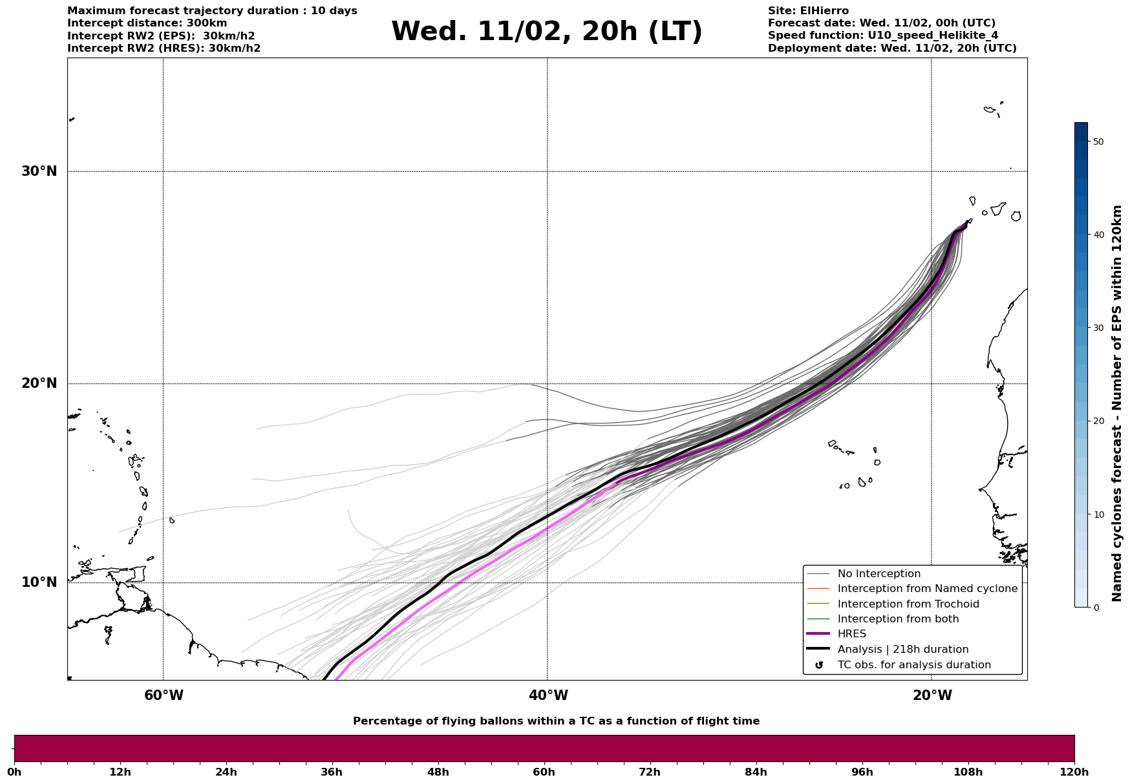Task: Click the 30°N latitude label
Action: coord(39,171)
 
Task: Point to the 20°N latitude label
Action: coord(39,383)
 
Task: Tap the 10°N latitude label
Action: coord(39,582)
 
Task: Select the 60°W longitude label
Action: coord(164,695)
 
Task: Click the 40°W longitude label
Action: coord(548,695)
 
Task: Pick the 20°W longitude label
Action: coord(932,695)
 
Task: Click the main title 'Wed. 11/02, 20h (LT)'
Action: coord(546,32)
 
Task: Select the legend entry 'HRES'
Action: coord(851,634)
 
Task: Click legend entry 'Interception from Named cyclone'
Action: coord(927,589)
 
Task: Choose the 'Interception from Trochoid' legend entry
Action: coord(908,604)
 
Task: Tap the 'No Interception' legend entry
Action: coord(879,574)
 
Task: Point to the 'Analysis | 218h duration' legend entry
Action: coord(902,650)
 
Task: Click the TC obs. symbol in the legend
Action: coord(819,665)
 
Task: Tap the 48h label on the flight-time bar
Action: coord(438,772)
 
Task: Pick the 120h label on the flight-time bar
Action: coord(1074,772)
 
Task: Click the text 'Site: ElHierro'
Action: coord(808,11)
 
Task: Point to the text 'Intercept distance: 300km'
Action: coord(147,23)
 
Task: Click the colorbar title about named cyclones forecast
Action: coord(1116,403)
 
